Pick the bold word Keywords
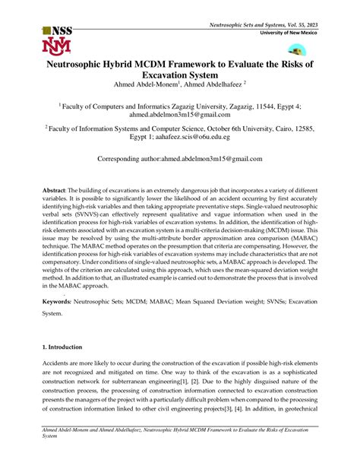62,301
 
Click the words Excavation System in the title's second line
180,76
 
